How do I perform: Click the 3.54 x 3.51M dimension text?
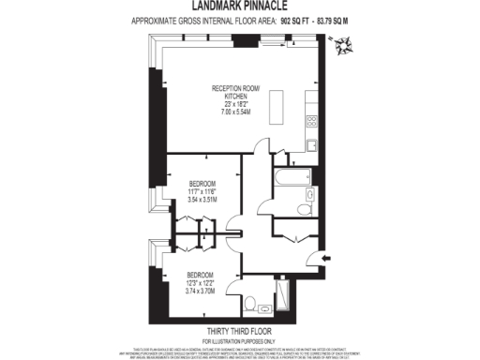(x=202, y=199)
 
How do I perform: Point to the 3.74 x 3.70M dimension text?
(x=202, y=291)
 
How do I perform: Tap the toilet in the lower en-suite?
(x=249, y=302)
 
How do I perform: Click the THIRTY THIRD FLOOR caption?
(x=239, y=331)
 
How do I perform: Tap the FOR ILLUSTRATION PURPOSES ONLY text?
(x=239, y=339)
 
